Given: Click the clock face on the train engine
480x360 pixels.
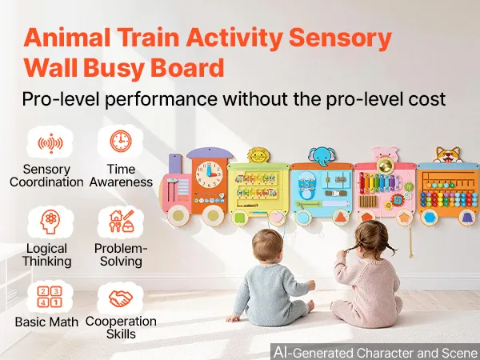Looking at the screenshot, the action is pyautogui.click(x=210, y=174).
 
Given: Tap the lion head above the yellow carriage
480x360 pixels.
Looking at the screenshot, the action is pyautogui.click(x=258, y=155).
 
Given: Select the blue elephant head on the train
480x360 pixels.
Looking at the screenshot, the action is pyautogui.click(x=322, y=157).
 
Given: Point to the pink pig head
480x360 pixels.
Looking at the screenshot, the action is pyautogui.click(x=385, y=154).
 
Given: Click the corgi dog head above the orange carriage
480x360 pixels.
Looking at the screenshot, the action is pyautogui.click(x=448, y=155).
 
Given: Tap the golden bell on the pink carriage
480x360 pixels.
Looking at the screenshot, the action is pyautogui.click(x=385, y=166).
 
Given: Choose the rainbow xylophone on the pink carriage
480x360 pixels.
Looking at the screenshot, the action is pyautogui.click(x=379, y=183).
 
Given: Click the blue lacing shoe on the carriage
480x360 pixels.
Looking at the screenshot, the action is pyautogui.click(x=306, y=186).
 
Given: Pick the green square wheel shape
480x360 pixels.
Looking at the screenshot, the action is pyautogui.click(x=240, y=218).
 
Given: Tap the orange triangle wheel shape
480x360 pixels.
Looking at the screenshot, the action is pyautogui.click(x=341, y=217).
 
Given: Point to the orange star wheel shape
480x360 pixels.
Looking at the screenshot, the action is pyautogui.click(x=404, y=218).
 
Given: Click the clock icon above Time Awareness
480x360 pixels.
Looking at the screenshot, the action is pyautogui.click(x=121, y=141).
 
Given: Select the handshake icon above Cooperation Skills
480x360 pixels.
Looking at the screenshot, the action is pyautogui.click(x=121, y=298).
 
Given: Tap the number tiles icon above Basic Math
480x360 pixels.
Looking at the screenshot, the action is pyautogui.click(x=50, y=297).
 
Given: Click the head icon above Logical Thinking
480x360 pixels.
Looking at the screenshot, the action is pyautogui.click(x=50, y=222).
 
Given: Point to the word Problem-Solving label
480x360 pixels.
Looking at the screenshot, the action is pyautogui.click(x=121, y=255).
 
